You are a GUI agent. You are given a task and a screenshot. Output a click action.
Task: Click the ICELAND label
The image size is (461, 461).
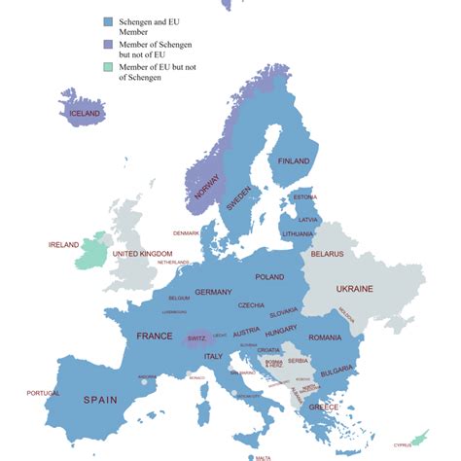coord(86,114)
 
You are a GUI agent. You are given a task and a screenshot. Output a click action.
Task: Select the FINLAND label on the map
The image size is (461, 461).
coord(294,160)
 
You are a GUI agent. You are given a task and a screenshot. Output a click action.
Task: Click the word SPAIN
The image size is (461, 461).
coord(99,399)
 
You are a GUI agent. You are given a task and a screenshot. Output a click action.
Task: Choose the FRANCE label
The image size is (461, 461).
coord(155,336)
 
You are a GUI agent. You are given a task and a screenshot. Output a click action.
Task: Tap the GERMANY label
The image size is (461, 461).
coord(213,292)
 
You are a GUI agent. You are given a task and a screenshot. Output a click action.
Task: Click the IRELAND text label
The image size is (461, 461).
coord(63,245)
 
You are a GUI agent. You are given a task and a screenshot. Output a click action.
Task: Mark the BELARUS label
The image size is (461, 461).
coord(327,254)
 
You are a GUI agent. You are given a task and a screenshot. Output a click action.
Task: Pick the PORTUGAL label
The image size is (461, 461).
coord(42,393)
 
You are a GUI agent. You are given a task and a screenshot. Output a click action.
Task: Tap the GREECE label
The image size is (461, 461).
coord(323,407)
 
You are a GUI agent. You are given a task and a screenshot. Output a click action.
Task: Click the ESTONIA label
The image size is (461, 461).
coord(305,197)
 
